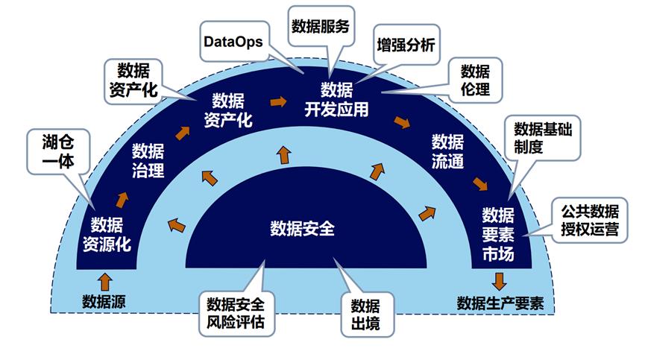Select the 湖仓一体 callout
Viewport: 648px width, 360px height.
coord(57,150)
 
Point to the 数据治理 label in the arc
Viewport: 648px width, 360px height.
coord(148,160)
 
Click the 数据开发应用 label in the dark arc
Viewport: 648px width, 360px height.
coord(336,100)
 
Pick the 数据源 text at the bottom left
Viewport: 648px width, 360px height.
coord(101,302)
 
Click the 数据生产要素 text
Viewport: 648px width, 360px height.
coord(500,303)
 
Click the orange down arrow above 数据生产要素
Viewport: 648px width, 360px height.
coord(498,281)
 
